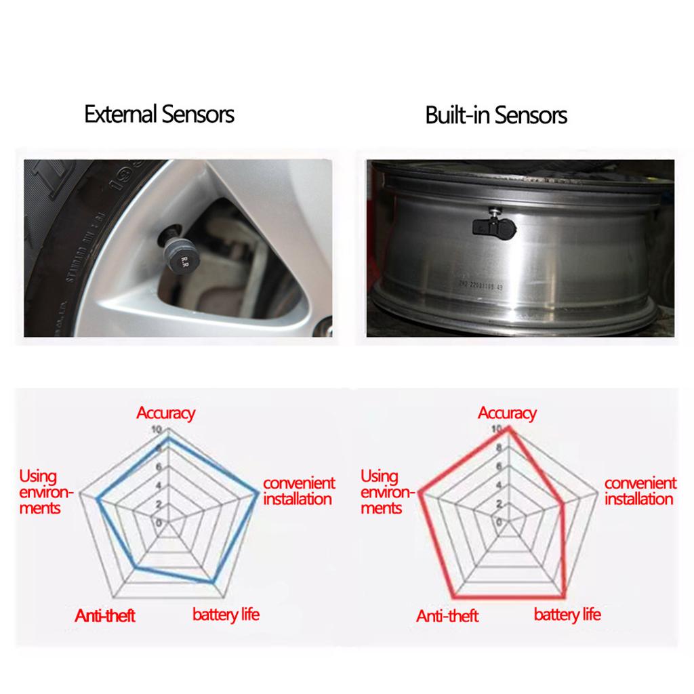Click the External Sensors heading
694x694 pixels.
(159, 114)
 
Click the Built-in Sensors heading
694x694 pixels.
(496, 115)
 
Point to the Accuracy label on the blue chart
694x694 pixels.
(166, 413)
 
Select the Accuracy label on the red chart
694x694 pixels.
(507, 413)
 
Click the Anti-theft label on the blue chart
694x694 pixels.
(105, 615)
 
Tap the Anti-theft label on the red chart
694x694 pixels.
(447, 615)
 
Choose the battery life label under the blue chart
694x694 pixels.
(226, 615)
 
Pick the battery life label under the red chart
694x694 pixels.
(567, 615)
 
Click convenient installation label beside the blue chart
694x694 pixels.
(298, 491)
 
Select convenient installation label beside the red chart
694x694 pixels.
(640, 491)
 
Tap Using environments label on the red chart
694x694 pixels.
(381, 492)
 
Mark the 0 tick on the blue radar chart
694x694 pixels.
(159, 523)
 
